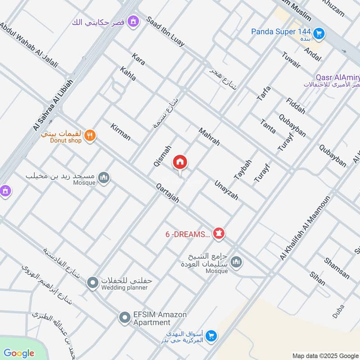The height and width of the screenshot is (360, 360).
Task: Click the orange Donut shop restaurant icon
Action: tap(90, 135)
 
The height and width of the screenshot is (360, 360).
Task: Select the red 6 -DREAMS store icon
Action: tap(219, 234)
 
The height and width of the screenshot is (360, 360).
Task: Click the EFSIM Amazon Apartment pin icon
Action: tap(124, 318)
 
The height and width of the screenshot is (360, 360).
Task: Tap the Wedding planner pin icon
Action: tap(93, 283)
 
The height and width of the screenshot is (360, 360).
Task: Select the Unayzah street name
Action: tap(226, 190)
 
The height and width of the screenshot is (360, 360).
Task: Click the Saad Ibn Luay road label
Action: tap(165, 32)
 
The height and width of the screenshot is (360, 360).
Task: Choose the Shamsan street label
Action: tap(337, 268)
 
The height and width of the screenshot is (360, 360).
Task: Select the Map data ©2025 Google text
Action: tap(325, 355)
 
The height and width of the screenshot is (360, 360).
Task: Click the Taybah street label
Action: tap(242, 170)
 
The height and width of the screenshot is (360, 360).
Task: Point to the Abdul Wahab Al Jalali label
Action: tap(29, 45)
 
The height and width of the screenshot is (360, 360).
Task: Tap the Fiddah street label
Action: tap(296, 105)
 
